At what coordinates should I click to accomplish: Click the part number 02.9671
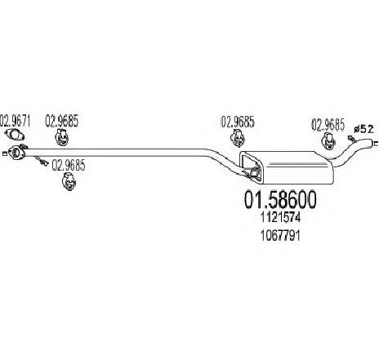click(16, 121)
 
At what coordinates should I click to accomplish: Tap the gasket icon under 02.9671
click(14, 135)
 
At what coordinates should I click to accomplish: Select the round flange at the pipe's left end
click(16, 152)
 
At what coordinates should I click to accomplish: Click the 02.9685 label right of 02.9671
click(61, 121)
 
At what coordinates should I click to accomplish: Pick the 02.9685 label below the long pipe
click(69, 165)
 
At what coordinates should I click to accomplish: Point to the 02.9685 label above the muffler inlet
click(238, 122)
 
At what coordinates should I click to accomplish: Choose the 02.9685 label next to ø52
click(328, 125)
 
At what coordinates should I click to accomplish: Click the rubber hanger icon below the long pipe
click(69, 181)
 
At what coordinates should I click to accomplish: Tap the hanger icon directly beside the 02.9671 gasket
click(62, 137)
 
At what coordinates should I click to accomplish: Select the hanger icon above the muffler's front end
click(238, 138)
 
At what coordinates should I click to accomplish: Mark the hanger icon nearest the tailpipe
click(328, 141)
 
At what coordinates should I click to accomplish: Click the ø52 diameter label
click(363, 129)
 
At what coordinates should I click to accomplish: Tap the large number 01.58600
click(280, 199)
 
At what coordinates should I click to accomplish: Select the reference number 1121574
click(281, 217)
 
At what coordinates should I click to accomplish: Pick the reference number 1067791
click(280, 235)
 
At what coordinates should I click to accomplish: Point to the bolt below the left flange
click(42, 162)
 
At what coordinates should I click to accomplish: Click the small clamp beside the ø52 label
click(351, 140)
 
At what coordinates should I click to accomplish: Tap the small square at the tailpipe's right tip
click(376, 144)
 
